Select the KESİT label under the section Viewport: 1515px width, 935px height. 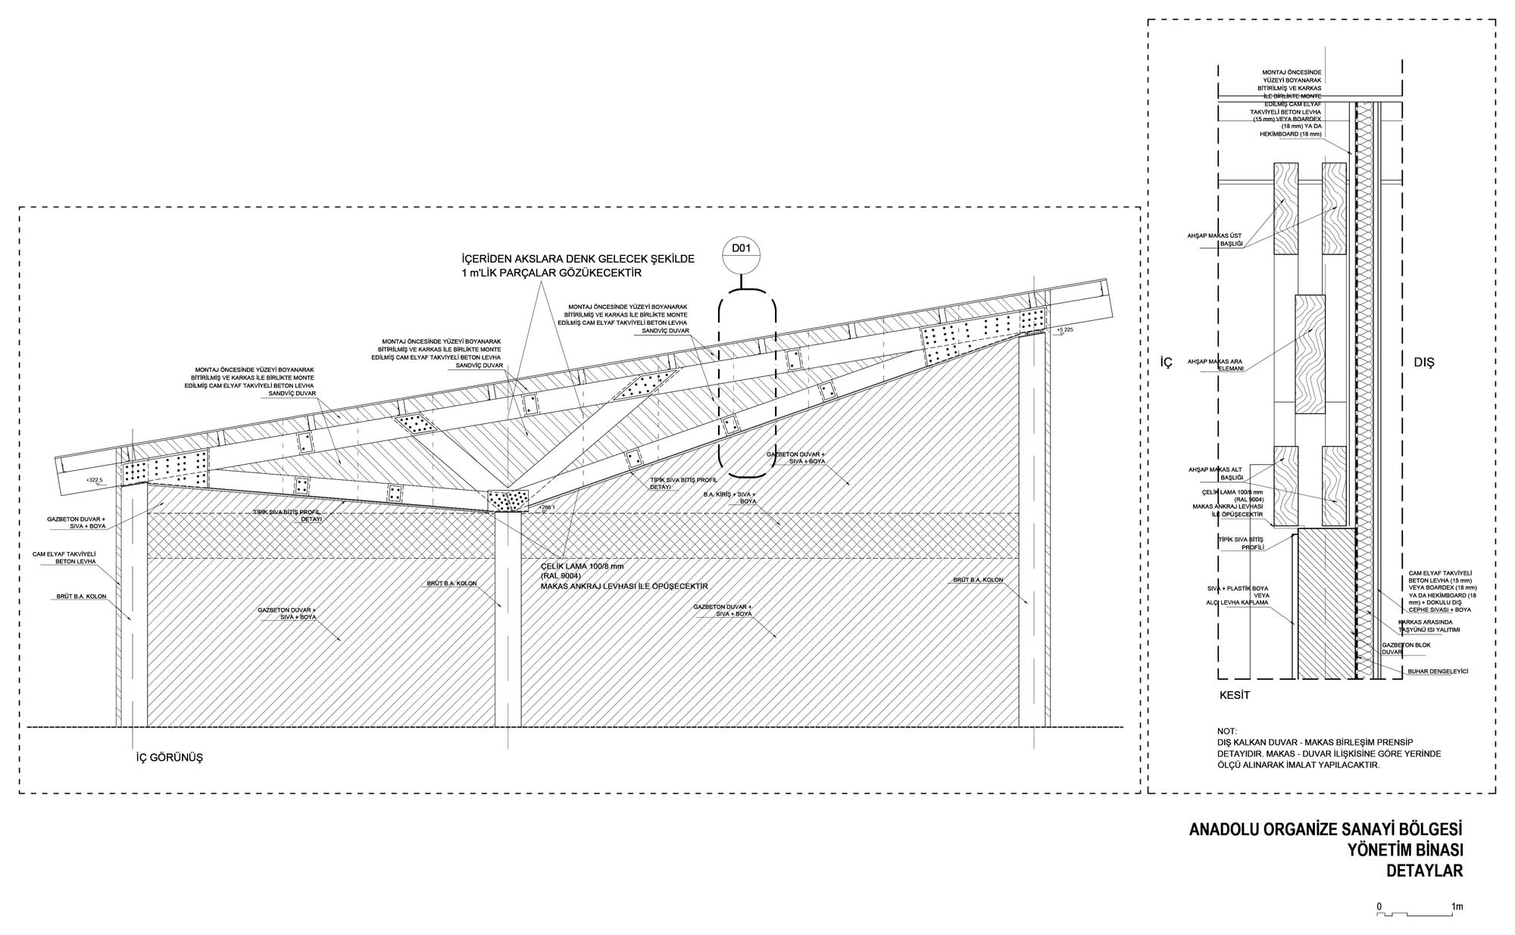1234,695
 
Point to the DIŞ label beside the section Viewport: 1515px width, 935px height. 1424,363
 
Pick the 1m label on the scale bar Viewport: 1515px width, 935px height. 1457,906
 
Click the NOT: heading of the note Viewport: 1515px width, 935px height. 1227,731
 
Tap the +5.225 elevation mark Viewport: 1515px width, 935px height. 1065,330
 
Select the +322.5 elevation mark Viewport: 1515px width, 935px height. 94,480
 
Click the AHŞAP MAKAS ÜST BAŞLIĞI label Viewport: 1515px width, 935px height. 1215,239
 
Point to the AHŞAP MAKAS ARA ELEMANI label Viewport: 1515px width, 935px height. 1216,364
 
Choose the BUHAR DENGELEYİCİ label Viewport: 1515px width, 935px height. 1438,672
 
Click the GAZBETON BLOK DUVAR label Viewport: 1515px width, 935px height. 1406,648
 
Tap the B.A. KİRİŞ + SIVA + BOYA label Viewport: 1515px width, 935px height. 730,497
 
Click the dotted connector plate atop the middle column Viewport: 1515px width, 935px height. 508,501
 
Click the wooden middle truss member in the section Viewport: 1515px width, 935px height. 1310,364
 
